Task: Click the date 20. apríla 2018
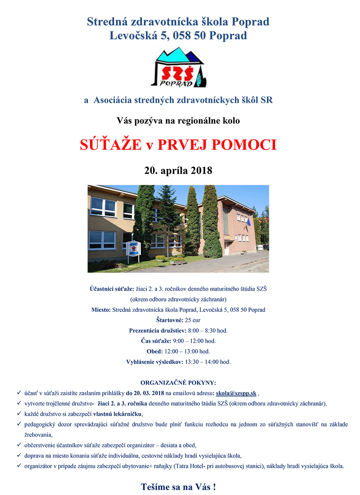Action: coord(178,170)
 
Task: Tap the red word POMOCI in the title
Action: coord(244,145)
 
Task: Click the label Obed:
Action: coord(155,351)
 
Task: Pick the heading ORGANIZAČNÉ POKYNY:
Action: coord(178,382)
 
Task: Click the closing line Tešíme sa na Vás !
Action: coord(178,487)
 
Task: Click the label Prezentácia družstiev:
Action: coord(158,330)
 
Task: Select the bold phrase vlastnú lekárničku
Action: coord(118,413)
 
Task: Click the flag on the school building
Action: coord(248,222)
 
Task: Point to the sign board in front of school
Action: coord(133,250)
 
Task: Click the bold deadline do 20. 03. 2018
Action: coord(145,393)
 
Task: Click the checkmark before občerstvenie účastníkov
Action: coord(19,445)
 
